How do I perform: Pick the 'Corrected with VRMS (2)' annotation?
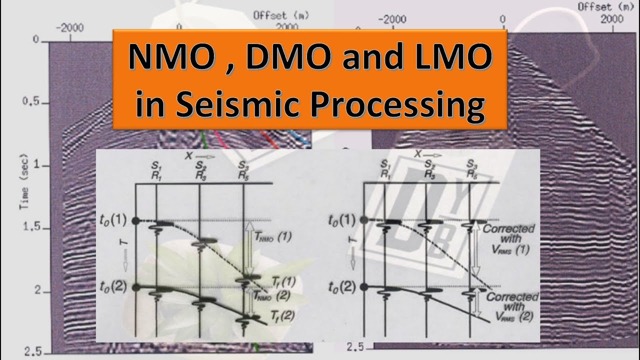(x=512, y=305)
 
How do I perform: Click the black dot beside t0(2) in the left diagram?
(x=136, y=287)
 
